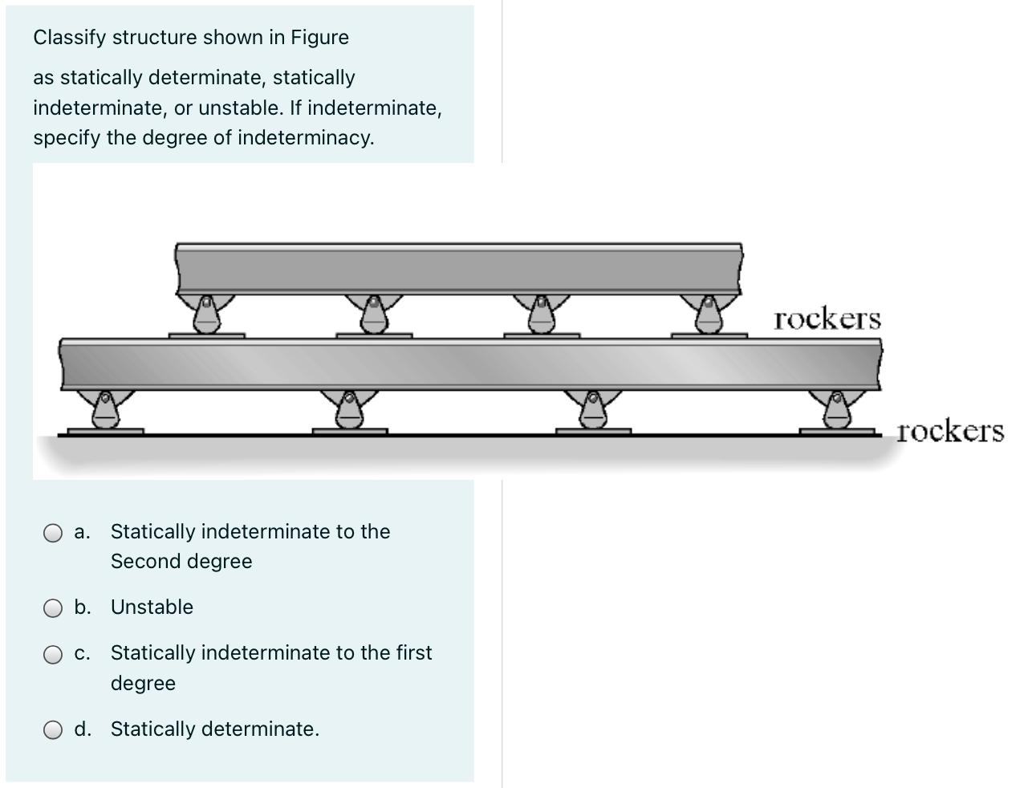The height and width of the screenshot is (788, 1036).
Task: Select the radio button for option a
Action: point(53,533)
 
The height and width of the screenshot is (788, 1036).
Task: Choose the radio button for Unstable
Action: point(53,608)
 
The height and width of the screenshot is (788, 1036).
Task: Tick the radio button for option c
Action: point(53,654)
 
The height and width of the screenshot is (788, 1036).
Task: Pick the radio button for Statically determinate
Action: point(53,730)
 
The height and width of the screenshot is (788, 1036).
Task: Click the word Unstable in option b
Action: point(152,607)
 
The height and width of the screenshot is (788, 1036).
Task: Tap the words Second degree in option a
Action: point(181,562)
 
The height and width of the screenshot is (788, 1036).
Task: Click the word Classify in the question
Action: point(70,38)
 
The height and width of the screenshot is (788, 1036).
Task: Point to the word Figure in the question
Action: point(319,38)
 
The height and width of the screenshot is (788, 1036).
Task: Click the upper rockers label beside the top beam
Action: point(827,319)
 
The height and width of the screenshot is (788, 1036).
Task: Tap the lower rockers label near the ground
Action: point(949,431)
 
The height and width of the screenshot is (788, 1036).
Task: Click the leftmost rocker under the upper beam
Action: point(206,314)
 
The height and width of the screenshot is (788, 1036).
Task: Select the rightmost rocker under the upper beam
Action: point(709,314)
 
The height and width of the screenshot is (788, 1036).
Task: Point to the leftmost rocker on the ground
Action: point(104,409)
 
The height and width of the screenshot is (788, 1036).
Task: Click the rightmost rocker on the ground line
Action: point(837,409)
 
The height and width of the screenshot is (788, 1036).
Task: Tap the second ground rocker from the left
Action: point(348,409)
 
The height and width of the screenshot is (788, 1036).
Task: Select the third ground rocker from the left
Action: point(592,409)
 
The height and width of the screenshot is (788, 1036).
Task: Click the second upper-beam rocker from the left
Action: point(373,314)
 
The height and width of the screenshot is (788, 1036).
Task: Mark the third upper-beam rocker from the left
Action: point(542,314)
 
